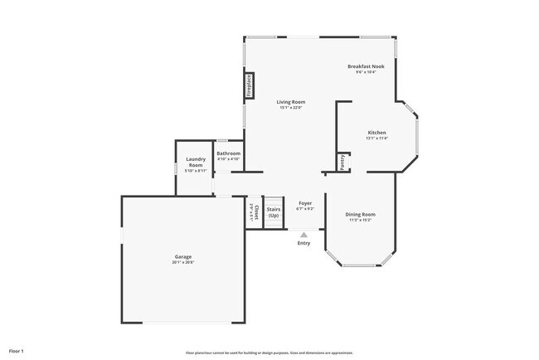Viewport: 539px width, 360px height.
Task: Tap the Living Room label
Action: click(x=291, y=101)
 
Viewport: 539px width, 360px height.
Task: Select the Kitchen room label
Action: click(x=376, y=133)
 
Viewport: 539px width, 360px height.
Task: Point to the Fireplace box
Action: click(x=248, y=87)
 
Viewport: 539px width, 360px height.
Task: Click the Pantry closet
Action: click(x=341, y=160)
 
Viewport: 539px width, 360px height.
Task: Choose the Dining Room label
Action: click(x=360, y=215)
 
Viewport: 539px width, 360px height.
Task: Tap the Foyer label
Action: click(x=304, y=202)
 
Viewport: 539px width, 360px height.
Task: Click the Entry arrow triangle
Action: click(x=303, y=235)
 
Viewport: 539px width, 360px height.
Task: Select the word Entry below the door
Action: click(x=303, y=243)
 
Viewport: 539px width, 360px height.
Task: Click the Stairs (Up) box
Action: click(x=274, y=212)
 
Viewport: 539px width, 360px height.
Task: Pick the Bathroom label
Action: click(x=228, y=153)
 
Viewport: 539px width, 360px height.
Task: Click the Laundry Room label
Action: click(x=195, y=162)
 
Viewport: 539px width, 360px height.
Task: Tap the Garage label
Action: click(x=183, y=256)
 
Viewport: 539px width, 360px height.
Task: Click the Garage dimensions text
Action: click(x=183, y=262)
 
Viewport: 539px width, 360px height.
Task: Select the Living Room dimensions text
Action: click(x=291, y=107)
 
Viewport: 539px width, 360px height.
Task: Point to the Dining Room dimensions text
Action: click(x=360, y=221)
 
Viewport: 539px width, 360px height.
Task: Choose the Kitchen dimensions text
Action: click(x=376, y=139)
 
